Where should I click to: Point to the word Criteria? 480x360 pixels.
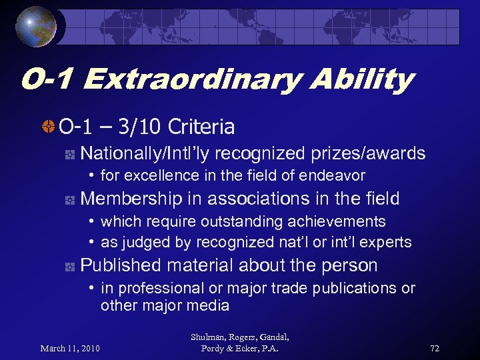202,126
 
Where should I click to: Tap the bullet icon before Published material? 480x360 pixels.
68,266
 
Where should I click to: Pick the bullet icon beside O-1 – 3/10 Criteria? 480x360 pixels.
47,126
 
